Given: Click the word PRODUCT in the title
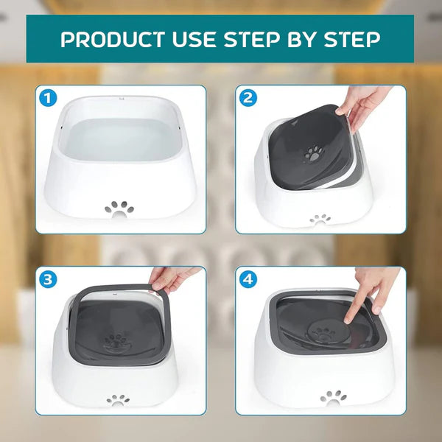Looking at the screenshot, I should coord(110,39).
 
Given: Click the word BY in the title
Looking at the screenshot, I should coord(306,39).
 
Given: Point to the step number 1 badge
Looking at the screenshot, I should coord(49,98).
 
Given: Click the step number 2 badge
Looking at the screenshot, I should coord(248,98).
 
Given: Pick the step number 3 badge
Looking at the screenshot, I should coord(49,279).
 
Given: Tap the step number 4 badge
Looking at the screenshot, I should coord(248,279).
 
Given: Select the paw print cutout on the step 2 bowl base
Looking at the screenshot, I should coord(320,219).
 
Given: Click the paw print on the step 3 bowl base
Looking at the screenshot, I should coord(117,400).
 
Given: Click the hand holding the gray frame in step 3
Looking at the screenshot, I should coord(171,278).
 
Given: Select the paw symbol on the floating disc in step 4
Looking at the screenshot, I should coord(325,334).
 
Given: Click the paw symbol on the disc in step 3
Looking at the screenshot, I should coord(116,341).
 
